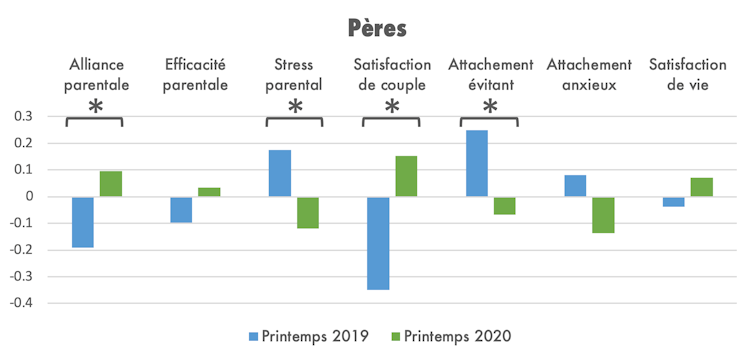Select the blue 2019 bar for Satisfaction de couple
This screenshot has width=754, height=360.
(x=377, y=243)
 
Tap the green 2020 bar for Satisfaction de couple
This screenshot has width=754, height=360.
(x=405, y=176)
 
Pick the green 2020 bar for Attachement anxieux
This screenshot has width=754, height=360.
(x=602, y=215)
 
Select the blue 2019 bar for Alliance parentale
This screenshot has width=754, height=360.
(x=82, y=221)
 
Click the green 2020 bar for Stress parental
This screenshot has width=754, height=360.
(x=307, y=212)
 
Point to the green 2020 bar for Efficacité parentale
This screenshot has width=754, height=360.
(x=209, y=192)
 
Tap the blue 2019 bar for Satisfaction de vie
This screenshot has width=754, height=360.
(x=673, y=202)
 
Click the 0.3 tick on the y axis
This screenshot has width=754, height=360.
(x=21, y=117)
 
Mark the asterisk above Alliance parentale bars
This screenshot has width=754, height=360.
(x=95, y=108)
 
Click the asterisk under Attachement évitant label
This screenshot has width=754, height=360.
(x=490, y=108)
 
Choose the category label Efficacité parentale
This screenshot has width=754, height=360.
(x=196, y=75)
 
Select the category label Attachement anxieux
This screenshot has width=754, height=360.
(x=589, y=75)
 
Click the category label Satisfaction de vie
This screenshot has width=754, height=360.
(x=687, y=75)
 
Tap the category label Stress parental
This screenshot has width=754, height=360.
(x=294, y=75)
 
